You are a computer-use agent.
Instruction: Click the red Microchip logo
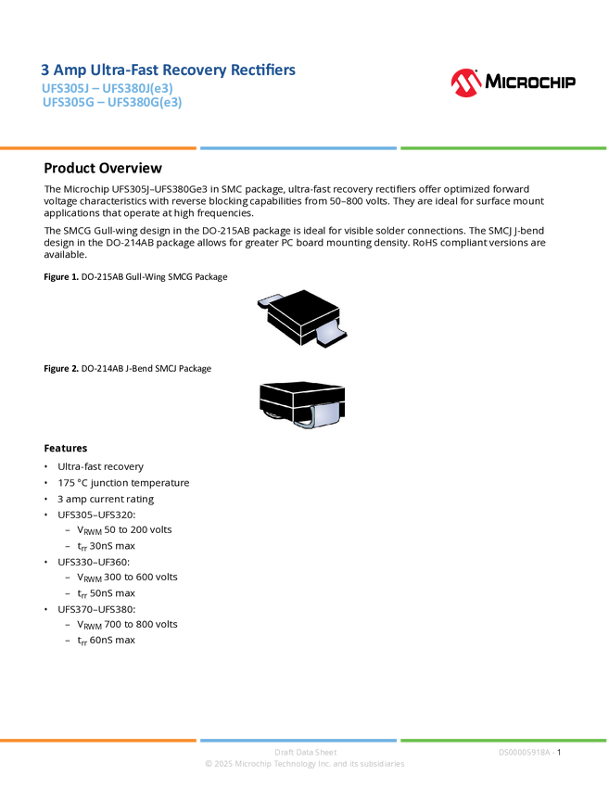[x=466, y=83]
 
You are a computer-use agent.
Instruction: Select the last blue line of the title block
[x=111, y=103]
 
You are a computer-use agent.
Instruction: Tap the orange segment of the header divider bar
[x=98, y=147]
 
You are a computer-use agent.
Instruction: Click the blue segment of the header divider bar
[x=298, y=147]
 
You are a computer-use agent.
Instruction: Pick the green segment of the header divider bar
[x=503, y=147]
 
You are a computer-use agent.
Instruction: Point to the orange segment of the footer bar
[x=98, y=740]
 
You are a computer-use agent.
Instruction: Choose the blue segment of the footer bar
[x=298, y=740]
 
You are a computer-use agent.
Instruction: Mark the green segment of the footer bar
[x=503, y=740]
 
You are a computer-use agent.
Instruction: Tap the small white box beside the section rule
[x=22, y=168]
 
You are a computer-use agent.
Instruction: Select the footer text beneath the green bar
[x=526, y=752]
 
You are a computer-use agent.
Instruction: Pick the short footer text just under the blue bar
[x=305, y=751]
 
